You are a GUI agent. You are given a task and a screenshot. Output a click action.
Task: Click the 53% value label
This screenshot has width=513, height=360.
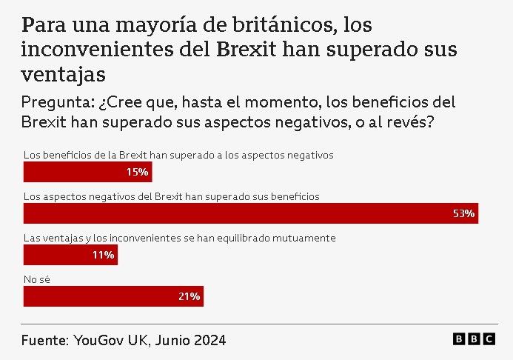(463, 214)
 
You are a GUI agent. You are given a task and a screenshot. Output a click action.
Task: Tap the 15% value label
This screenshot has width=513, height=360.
(137, 173)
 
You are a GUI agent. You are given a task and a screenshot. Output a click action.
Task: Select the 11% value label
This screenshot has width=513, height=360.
(103, 256)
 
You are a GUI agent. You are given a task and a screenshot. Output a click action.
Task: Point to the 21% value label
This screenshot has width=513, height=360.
(189, 297)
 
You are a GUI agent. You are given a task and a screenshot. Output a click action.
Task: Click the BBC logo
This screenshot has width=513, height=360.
(474, 339)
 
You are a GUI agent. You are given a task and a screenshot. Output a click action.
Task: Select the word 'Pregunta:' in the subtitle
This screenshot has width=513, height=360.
(56, 102)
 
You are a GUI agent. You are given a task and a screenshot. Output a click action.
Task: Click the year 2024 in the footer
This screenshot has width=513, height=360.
(209, 341)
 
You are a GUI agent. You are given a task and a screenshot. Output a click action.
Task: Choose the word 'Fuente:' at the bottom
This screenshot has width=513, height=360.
(44, 341)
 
